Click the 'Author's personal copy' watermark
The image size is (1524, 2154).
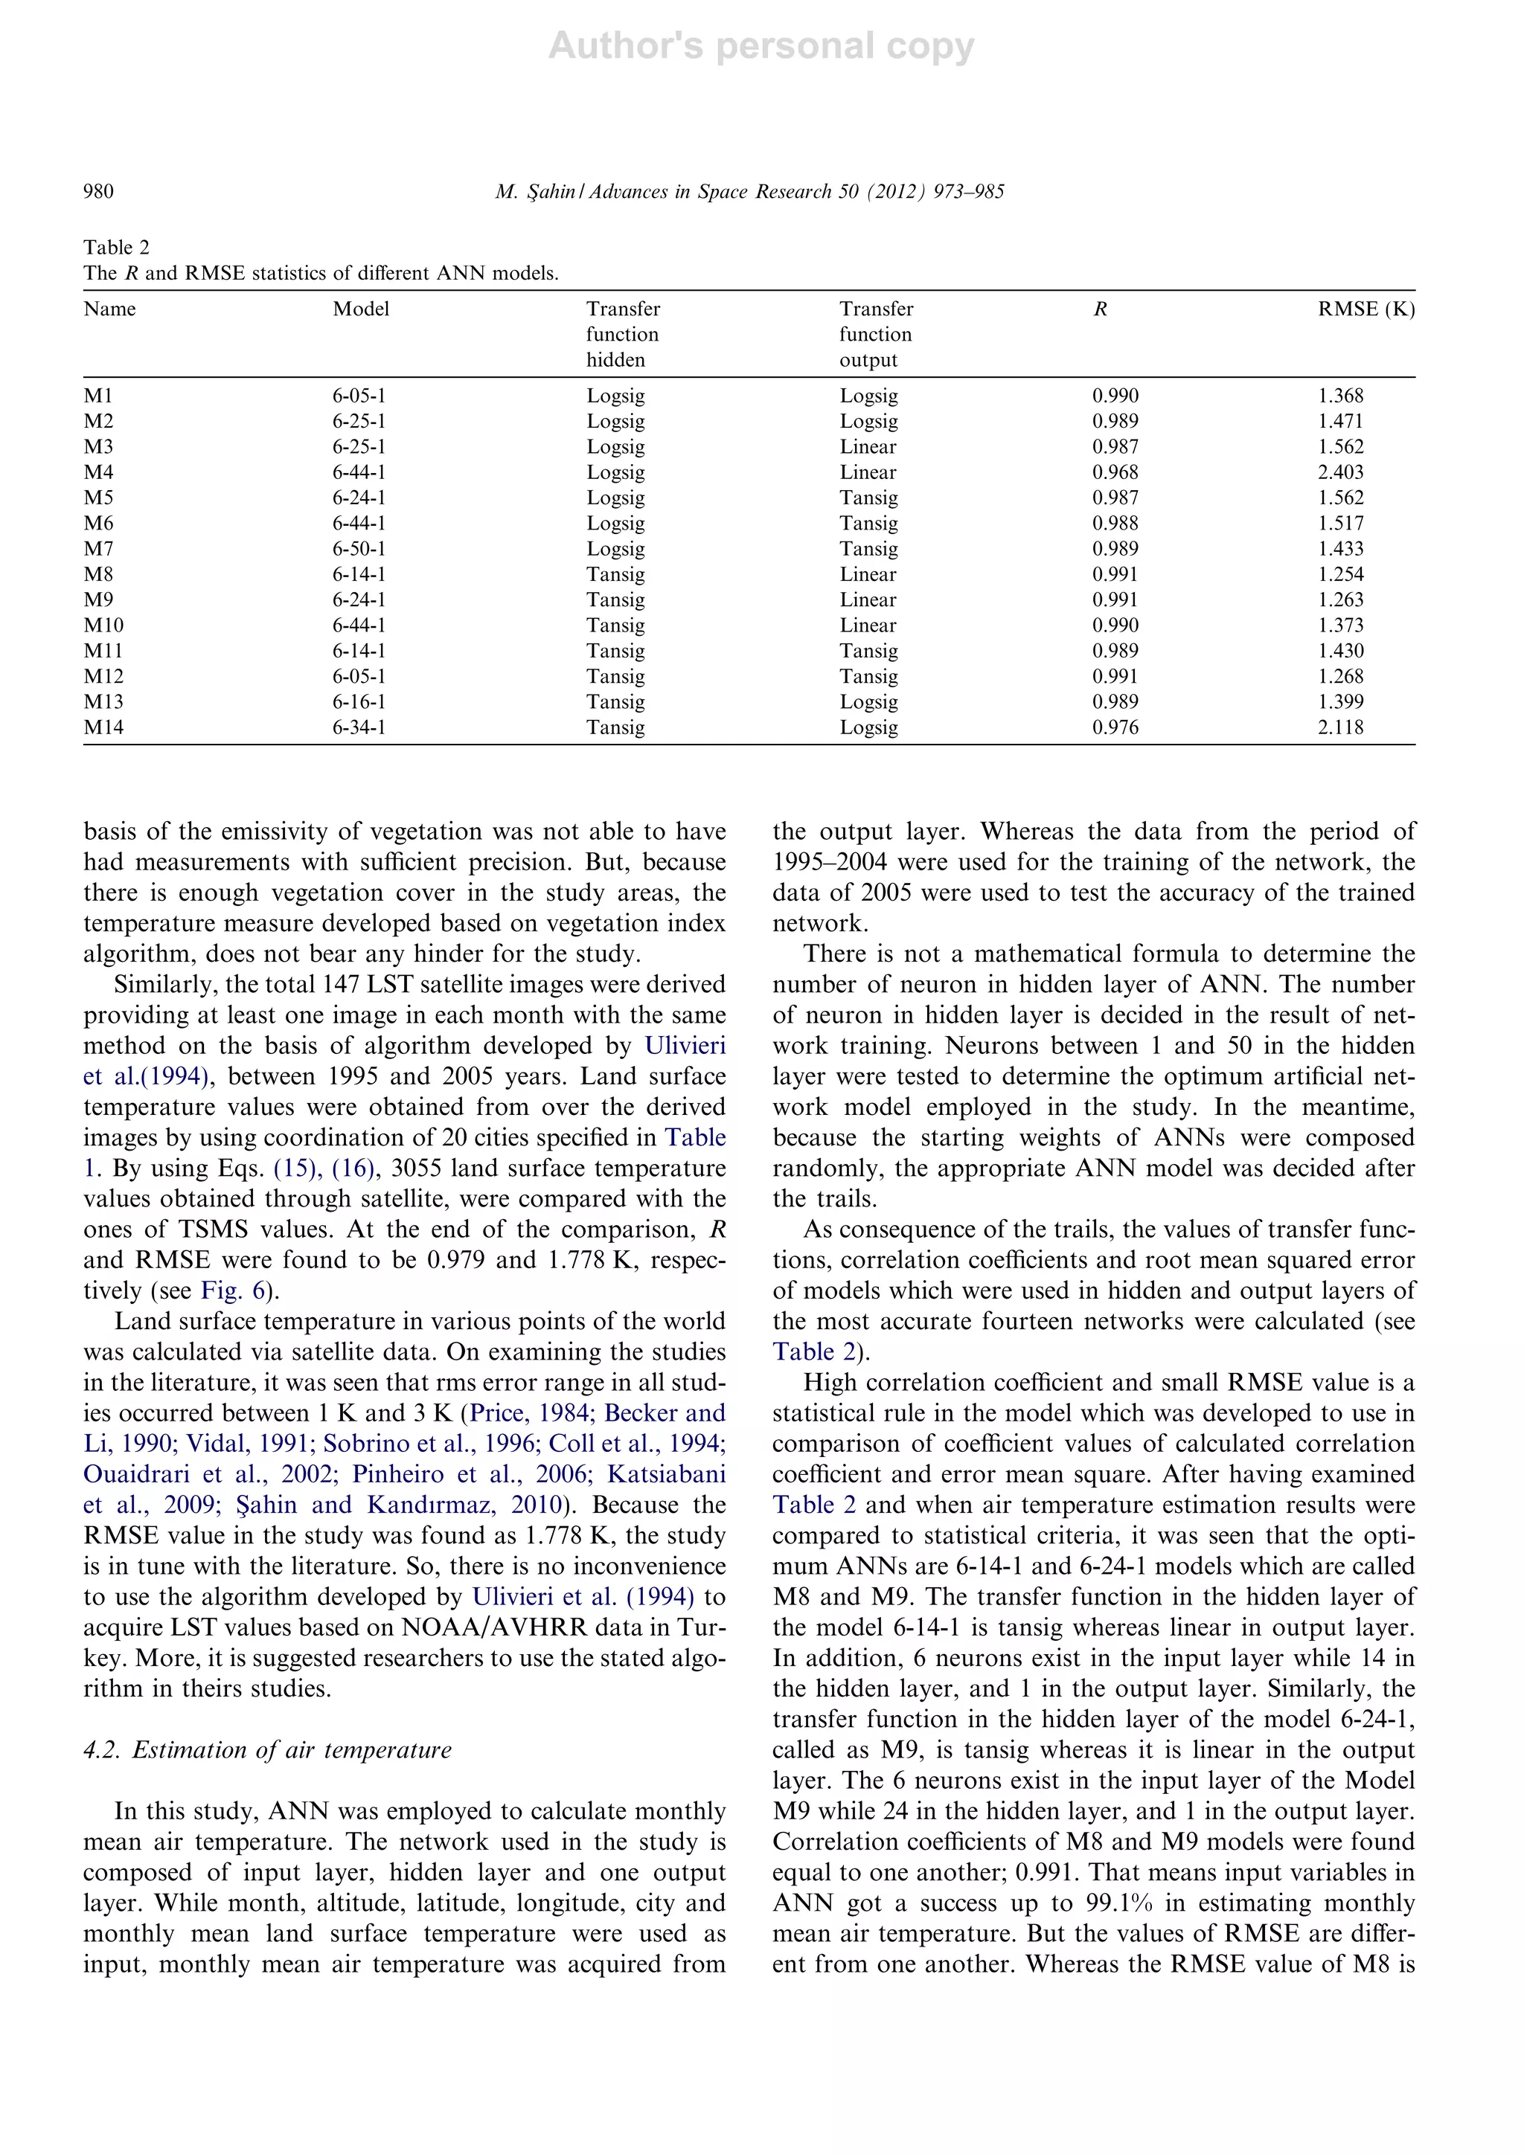click(761, 46)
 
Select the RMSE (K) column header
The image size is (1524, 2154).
click(1365, 309)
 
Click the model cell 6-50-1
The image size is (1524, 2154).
click(359, 549)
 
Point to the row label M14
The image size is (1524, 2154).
click(103, 727)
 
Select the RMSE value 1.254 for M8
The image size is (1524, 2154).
click(1340, 574)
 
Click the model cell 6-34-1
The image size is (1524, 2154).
click(359, 727)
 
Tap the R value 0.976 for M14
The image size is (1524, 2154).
click(1115, 727)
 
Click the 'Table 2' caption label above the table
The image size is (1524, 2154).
click(116, 248)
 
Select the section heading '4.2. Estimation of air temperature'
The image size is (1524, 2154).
click(267, 1749)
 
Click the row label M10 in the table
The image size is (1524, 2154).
click(103, 626)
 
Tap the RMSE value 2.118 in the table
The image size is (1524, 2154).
click(1340, 727)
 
